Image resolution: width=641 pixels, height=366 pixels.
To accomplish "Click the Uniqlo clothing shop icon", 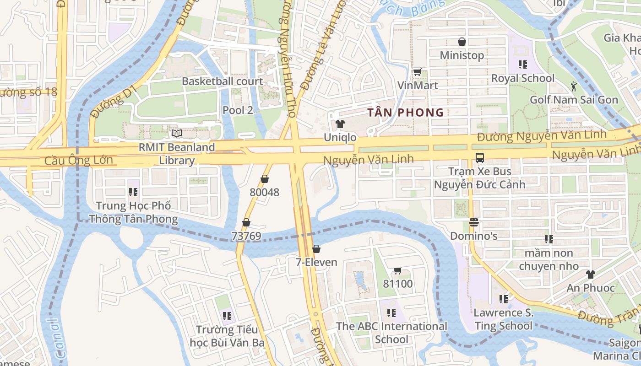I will pyautogui.click(x=340, y=124).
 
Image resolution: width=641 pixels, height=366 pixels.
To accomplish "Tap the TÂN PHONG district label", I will pyautogui.click(x=406, y=113).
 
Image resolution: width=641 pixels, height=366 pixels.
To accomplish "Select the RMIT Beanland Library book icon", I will pyautogui.click(x=177, y=134).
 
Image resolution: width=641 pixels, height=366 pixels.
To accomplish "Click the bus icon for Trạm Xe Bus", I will pyautogui.click(x=479, y=158).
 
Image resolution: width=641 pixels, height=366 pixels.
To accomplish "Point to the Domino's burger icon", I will pyautogui.click(x=474, y=223).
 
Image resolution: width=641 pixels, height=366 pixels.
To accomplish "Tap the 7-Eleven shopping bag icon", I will pyautogui.click(x=316, y=249).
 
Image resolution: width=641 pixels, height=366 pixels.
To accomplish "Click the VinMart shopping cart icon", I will pyautogui.click(x=417, y=72).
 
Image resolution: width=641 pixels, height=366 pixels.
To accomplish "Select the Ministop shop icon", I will pyautogui.click(x=462, y=42).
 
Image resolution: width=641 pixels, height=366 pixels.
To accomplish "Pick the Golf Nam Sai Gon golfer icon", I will pyautogui.click(x=574, y=86).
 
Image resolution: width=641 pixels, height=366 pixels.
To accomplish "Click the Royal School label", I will pyautogui.click(x=522, y=78).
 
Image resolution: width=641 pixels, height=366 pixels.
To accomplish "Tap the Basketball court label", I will pyautogui.click(x=223, y=81).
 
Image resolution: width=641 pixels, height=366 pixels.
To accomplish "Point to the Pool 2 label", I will pyautogui.click(x=238, y=110).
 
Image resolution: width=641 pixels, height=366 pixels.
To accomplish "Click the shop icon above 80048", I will pyautogui.click(x=264, y=179).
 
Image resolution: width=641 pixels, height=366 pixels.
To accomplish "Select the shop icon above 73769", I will pyautogui.click(x=246, y=222).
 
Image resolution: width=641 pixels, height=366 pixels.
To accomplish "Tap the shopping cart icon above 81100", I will pyautogui.click(x=397, y=271).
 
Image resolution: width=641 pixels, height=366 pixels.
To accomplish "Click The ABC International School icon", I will pyautogui.click(x=391, y=313).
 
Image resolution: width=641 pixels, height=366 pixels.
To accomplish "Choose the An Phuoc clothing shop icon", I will pyautogui.click(x=590, y=274).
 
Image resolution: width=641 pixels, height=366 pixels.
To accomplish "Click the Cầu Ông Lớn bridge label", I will pyautogui.click(x=79, y=161).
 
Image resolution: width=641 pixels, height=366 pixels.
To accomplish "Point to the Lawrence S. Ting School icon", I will pyautogui.click(x=504, y=299).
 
